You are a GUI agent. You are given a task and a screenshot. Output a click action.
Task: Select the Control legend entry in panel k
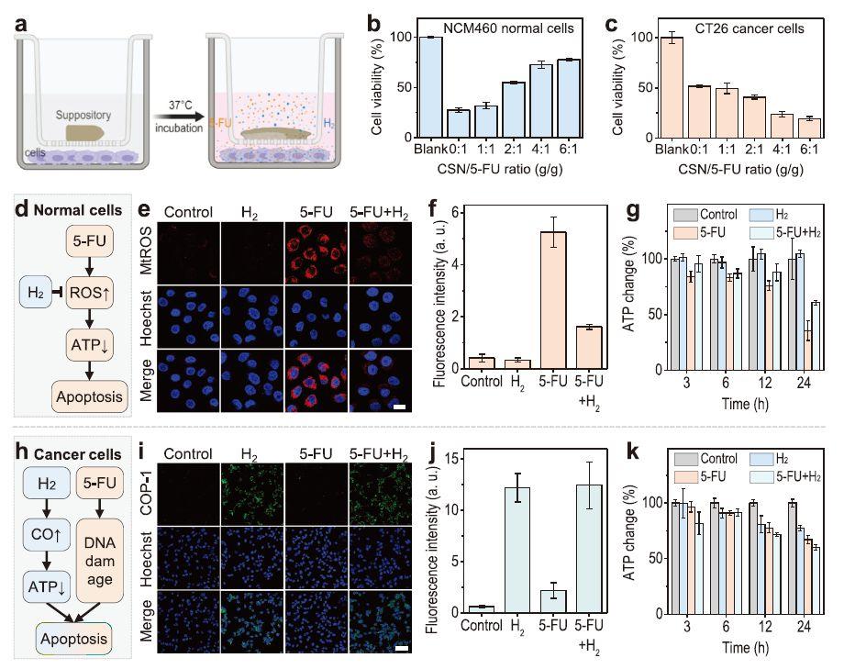click(720, 458)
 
